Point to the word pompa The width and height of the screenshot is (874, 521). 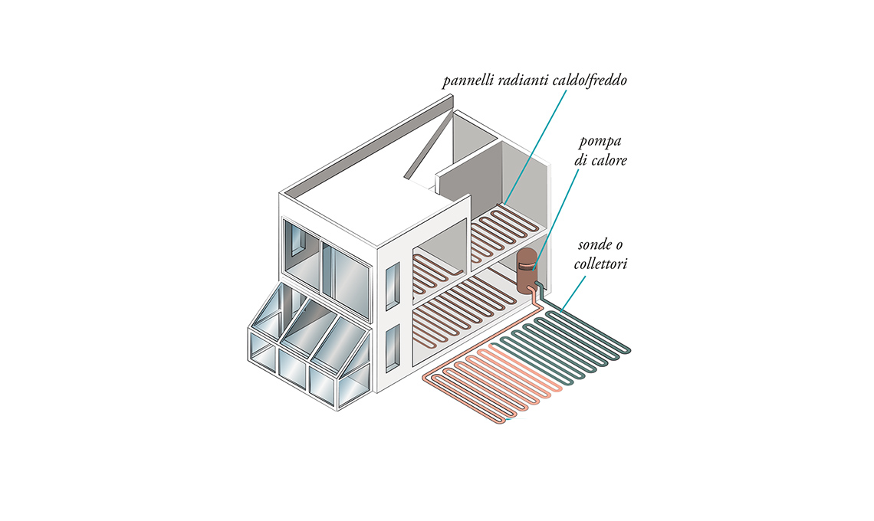(599, 144)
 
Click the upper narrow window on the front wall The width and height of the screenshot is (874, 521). (392, 287)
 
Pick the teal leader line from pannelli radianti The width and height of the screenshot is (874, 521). (537, 146)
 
